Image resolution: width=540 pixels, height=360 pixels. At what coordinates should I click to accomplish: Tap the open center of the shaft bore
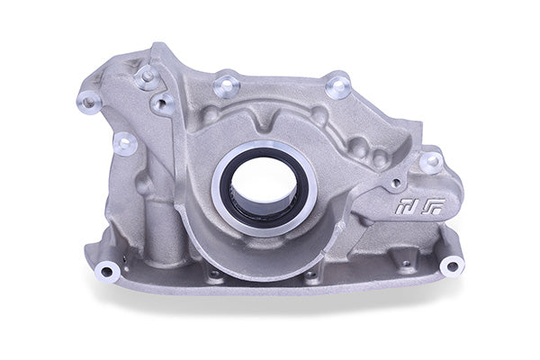point(264,184)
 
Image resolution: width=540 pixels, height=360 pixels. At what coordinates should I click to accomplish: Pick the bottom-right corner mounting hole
point(451,265)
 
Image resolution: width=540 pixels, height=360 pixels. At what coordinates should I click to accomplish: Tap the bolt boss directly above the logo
point(432,162)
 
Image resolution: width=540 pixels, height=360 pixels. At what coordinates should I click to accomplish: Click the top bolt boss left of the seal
point(226,85)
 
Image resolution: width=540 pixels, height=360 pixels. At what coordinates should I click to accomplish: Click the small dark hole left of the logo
point(395,184)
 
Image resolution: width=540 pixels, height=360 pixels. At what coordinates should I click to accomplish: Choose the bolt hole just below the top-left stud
point(164,104)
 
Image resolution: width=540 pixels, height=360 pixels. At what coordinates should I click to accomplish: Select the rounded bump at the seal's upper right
point(319,114)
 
